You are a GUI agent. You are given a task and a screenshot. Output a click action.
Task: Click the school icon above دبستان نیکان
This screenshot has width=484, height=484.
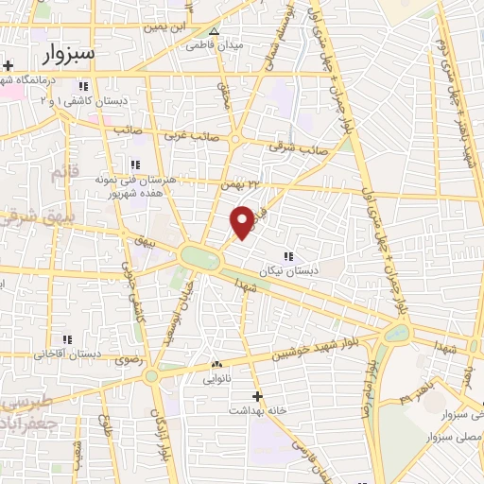pos(287,255)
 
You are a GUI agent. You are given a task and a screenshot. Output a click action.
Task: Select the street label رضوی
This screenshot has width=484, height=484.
pos(126,360)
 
